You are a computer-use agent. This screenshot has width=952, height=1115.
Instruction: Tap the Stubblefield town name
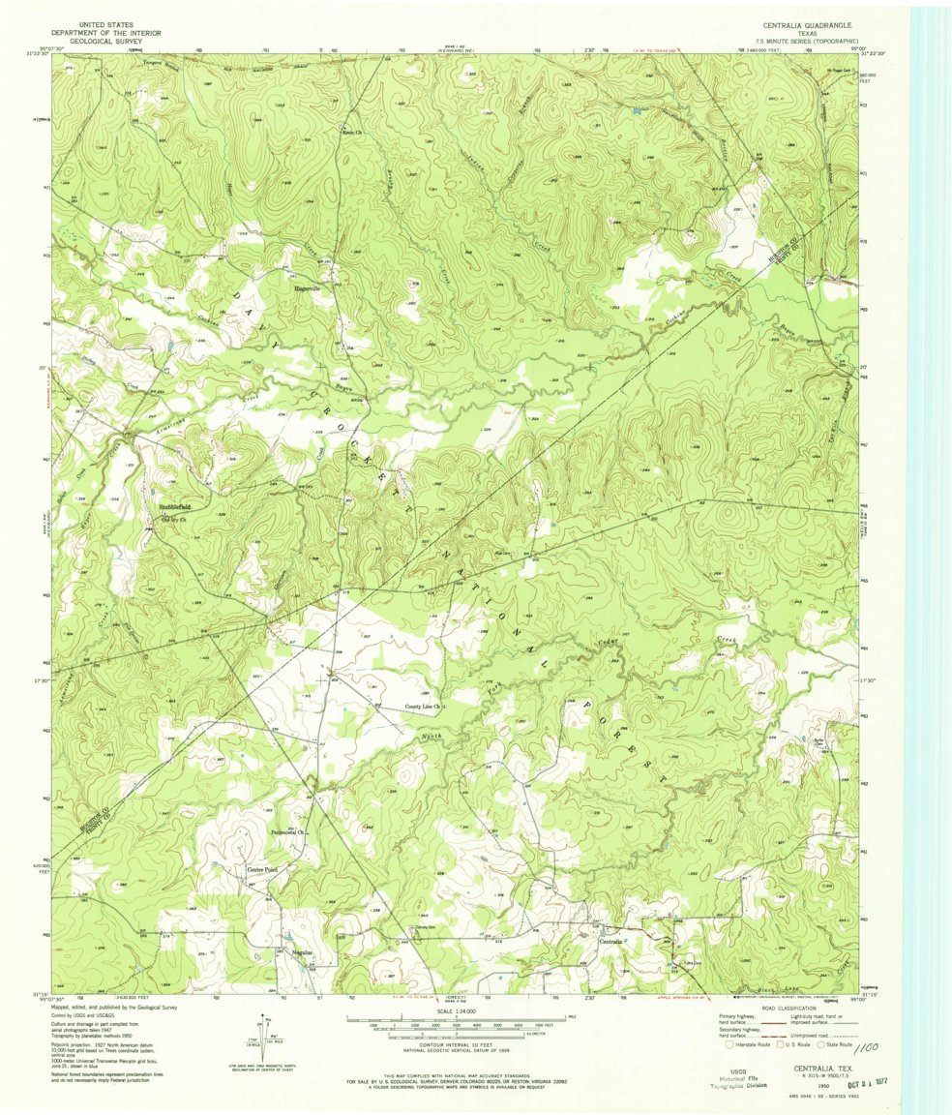click(x=175, y=507)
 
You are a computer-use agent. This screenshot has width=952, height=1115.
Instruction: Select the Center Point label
click(x=261, y=870)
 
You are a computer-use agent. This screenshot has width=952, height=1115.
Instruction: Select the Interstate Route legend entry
click(x=750, y=1045)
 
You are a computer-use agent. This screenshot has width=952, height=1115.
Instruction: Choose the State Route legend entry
click(x=843, y=1045)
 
